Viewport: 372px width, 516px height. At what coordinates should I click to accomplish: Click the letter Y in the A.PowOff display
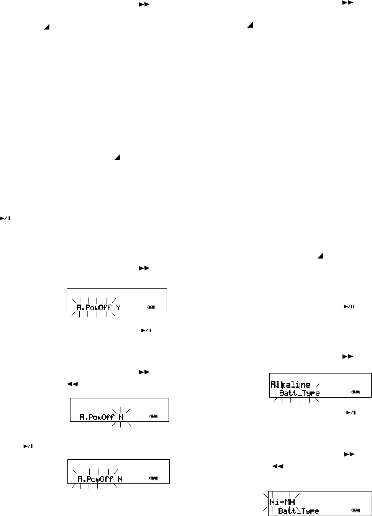point(118,307)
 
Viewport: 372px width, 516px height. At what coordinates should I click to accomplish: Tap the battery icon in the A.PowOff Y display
point(152,307)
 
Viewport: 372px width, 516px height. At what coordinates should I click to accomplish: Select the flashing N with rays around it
point(121,417)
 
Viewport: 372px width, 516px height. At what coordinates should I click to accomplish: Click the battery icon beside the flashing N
point(153,417)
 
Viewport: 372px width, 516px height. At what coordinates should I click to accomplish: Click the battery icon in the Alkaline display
point(355,393)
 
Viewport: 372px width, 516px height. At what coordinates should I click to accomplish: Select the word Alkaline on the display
point(290,385)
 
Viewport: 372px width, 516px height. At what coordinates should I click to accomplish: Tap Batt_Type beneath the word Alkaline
point(299,393)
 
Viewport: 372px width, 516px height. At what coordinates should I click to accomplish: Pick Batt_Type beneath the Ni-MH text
point(298,511)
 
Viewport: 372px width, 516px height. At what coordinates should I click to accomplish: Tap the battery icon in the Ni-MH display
point(355,511)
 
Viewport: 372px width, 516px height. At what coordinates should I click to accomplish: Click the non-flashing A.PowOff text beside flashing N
point(97,417)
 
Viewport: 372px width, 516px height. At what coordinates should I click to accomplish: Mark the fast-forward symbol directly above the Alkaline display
point(347,357)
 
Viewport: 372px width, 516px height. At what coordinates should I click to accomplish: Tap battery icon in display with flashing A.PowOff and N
point(153,479)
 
